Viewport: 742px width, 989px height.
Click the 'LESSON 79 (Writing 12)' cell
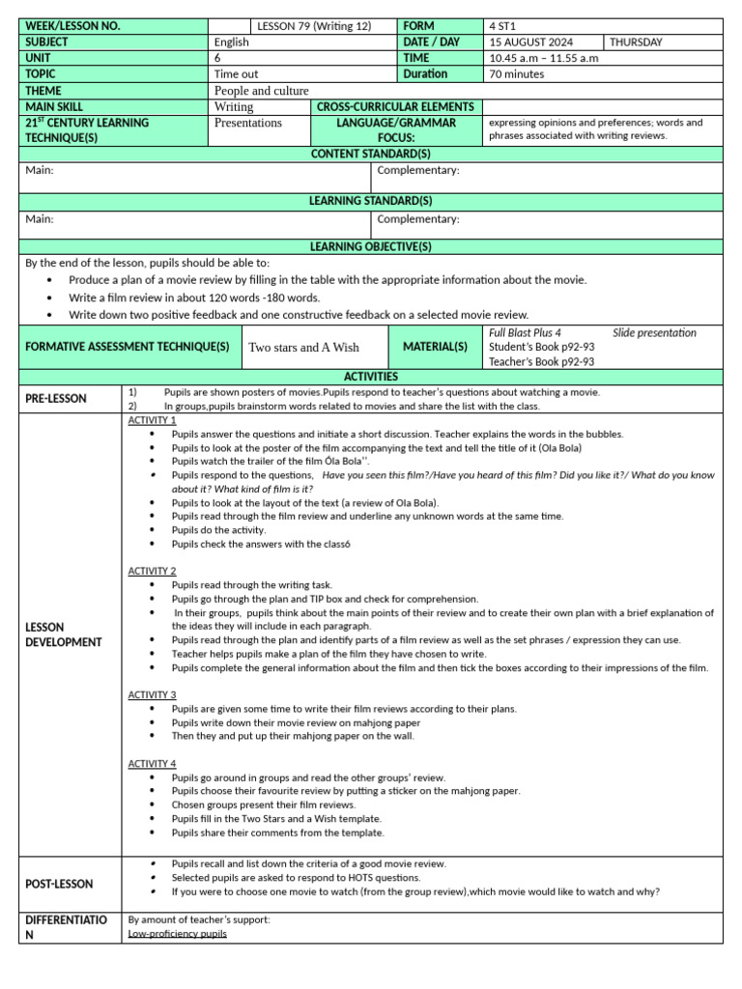[313, 26]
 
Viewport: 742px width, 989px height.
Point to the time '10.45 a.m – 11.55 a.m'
[544, 58]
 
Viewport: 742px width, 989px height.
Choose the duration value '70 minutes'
[518, 74]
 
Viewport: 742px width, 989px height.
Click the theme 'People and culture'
[261, 91]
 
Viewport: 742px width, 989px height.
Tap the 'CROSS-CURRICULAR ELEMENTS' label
[395, 107]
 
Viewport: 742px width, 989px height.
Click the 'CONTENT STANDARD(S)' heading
[370, 155]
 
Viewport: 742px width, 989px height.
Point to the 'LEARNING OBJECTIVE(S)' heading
[370, 247]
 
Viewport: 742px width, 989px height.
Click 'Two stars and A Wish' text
[303, 348]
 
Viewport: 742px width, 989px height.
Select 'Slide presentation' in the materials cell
[654, 333]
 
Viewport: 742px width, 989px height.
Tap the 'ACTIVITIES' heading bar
[370, 377]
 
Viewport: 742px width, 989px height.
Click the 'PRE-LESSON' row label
[56, 399]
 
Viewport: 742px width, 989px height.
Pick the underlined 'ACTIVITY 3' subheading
[152, 694]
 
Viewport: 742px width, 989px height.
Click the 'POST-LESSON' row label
[60, 884]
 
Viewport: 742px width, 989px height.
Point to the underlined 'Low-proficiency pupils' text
[177, 934]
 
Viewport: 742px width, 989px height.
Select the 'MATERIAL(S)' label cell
[435, 347]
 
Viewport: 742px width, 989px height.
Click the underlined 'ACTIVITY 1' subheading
[152, 420]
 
